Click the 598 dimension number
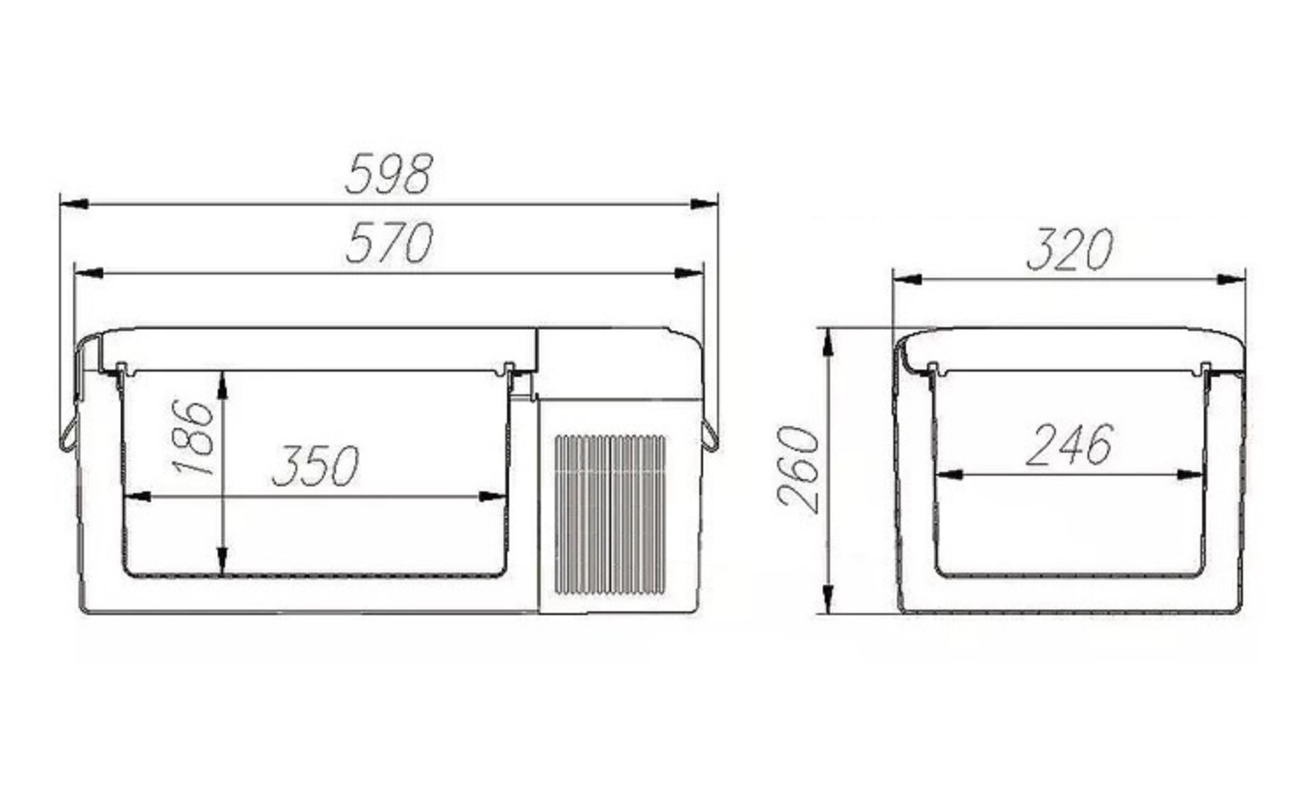389,174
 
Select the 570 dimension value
390,243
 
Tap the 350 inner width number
316,465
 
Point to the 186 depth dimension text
192,438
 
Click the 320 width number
1070,249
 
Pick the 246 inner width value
1069,445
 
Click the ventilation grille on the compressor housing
610,514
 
